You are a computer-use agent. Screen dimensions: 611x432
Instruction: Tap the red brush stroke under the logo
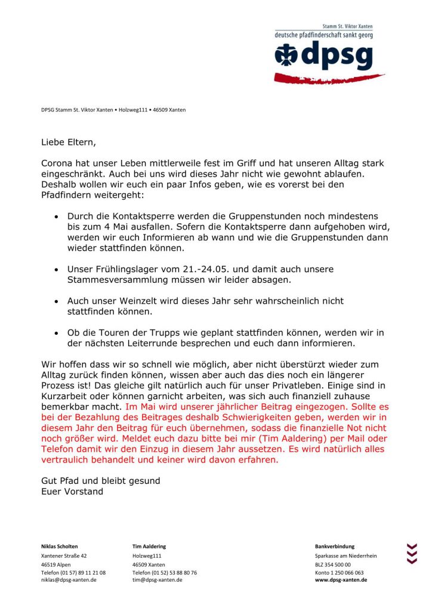pyautogui.click(x=328, y=78)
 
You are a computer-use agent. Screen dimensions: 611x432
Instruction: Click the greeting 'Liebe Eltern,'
pyautogui.click(x=68, y=143)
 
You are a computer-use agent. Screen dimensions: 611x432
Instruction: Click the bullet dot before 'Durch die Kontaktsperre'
pyautogui.click(x=56, y=216)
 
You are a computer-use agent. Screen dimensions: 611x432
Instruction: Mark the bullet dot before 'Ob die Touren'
pyautogui.click(x=56, y=333)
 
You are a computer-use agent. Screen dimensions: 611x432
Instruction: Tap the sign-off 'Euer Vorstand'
pyautogui.click(x=72, y=492)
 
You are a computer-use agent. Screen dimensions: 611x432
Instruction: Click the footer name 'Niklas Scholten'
pyautogui.click(x=59, y=546)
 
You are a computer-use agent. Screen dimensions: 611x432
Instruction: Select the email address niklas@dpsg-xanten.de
pyautogui.click(x=68, y=579)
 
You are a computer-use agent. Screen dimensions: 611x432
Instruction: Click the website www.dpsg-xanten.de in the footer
pyautogui.click(x=341, y=579)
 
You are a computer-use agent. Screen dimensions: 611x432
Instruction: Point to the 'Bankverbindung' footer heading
pyautogui.click(x=334, y=546)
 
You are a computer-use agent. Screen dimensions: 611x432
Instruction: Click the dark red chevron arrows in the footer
pyautogui.click(x=411, y=553)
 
